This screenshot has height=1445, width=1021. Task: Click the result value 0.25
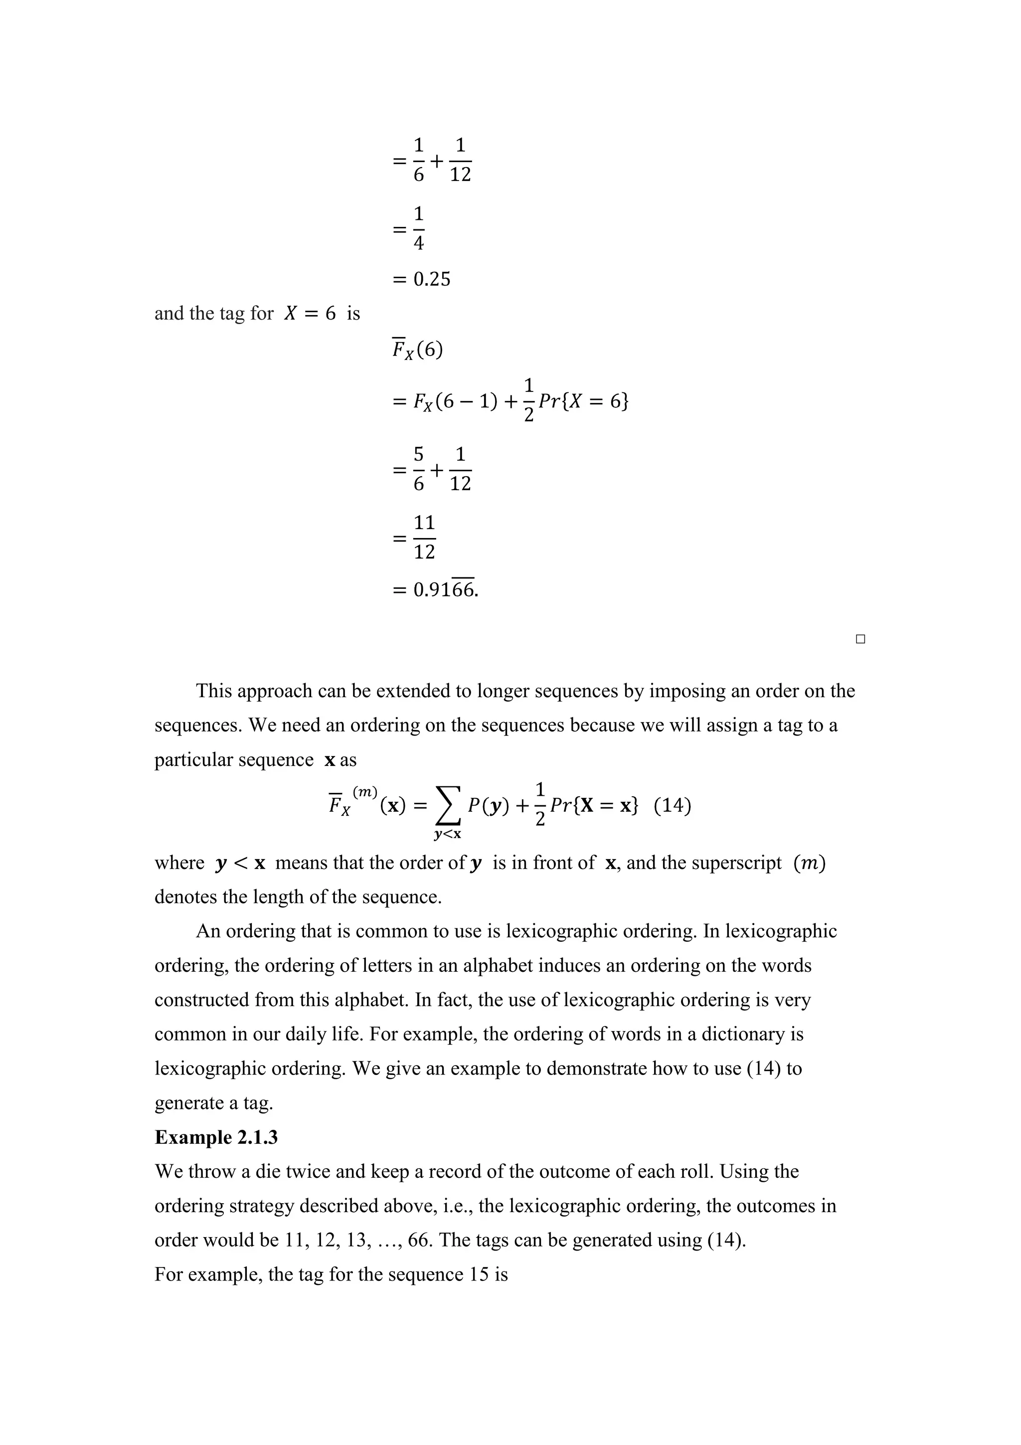click(432, 279)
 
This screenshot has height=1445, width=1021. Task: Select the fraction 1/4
click(418, 228)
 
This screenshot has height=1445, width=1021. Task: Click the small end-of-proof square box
click(860, 639)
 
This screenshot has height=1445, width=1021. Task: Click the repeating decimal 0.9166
click(445, 590)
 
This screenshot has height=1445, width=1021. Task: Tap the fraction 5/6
click(418, 469)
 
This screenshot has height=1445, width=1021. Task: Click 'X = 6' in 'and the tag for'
click(310, 314)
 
